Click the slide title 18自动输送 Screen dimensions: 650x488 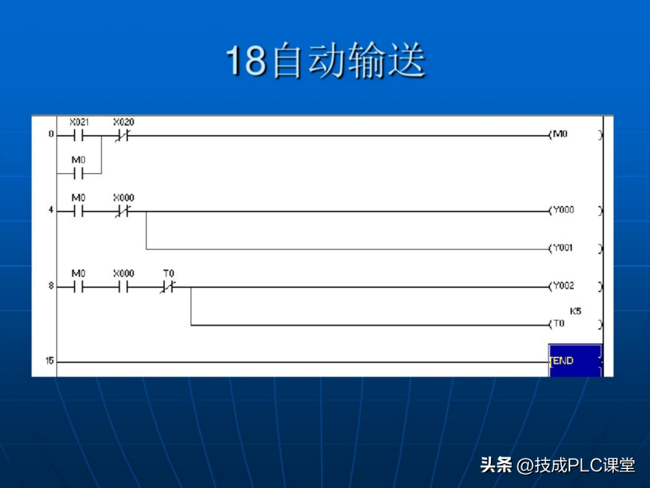(325, 62)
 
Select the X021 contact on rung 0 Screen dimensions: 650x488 (79, 134)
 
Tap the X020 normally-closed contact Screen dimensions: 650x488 (122, 134)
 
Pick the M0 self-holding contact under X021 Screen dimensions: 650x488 (79, 173)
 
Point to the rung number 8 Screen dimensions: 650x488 (50, 287)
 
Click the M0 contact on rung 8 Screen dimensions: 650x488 (79, 287)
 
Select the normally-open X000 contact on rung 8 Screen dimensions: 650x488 (122, 287)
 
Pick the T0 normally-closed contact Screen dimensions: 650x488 (169, 287)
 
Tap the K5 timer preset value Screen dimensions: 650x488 (575, 311)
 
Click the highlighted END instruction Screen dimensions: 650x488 (574, 360)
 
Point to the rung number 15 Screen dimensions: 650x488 (49, 361)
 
